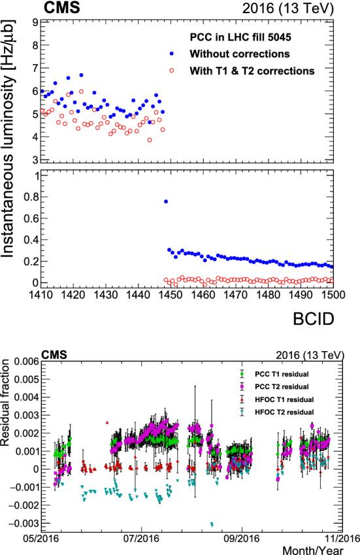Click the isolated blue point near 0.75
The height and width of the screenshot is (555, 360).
pyautogui.click(x=166, y=201)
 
